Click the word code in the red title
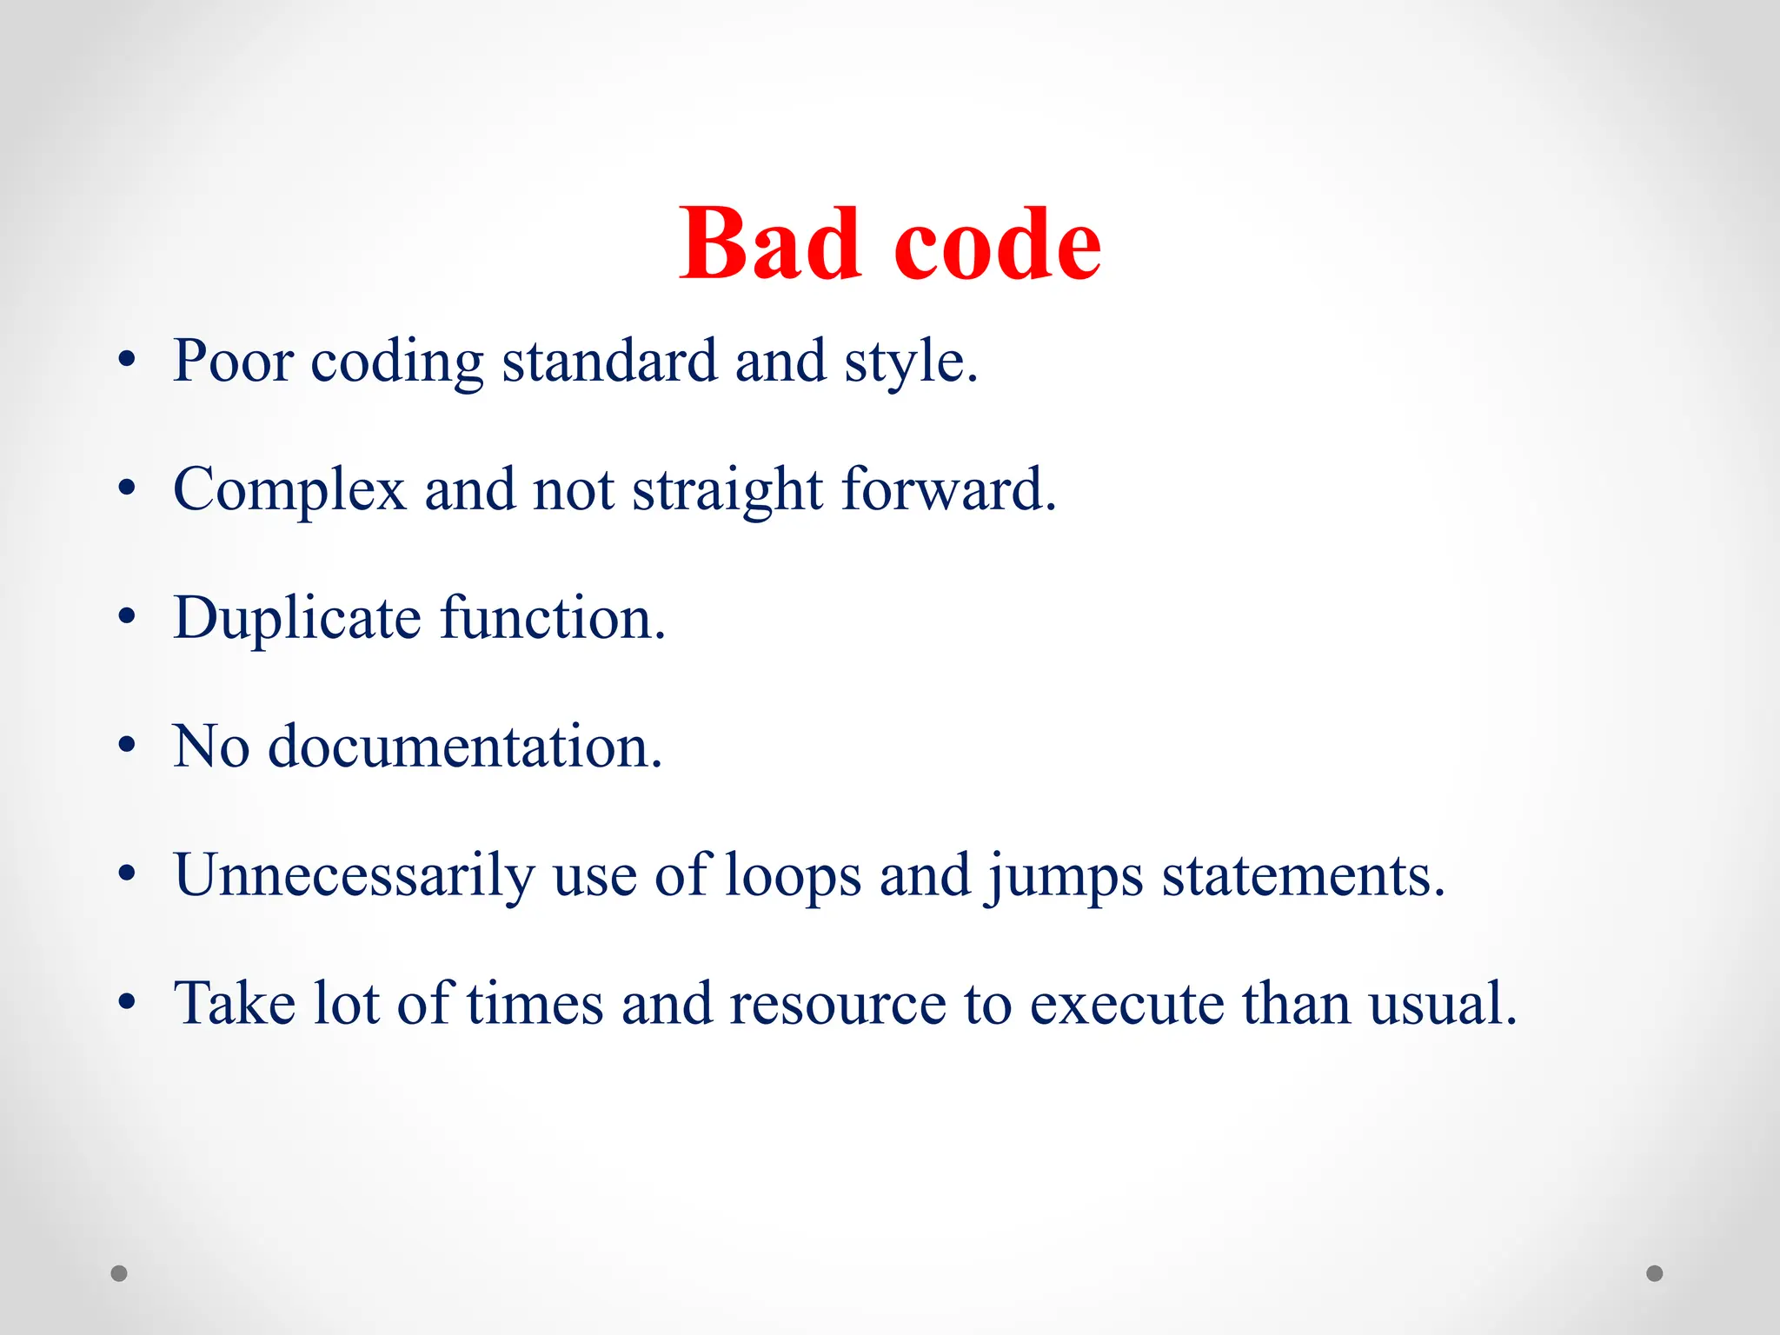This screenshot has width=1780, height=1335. point(997,246)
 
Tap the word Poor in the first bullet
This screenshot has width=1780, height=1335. point(233,361)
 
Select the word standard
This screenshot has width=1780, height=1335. point(609,361)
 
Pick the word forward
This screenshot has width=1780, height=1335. point(948,489)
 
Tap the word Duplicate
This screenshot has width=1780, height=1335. point(297,619)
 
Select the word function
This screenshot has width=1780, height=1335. point(552,618)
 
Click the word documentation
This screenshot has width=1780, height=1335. point(465,747)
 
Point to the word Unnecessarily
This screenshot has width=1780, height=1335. point(355,875)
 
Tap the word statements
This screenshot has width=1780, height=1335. point(1303,876)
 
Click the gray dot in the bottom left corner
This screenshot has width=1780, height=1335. point(119,1273)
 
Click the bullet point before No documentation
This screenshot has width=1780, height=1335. point(128,746)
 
